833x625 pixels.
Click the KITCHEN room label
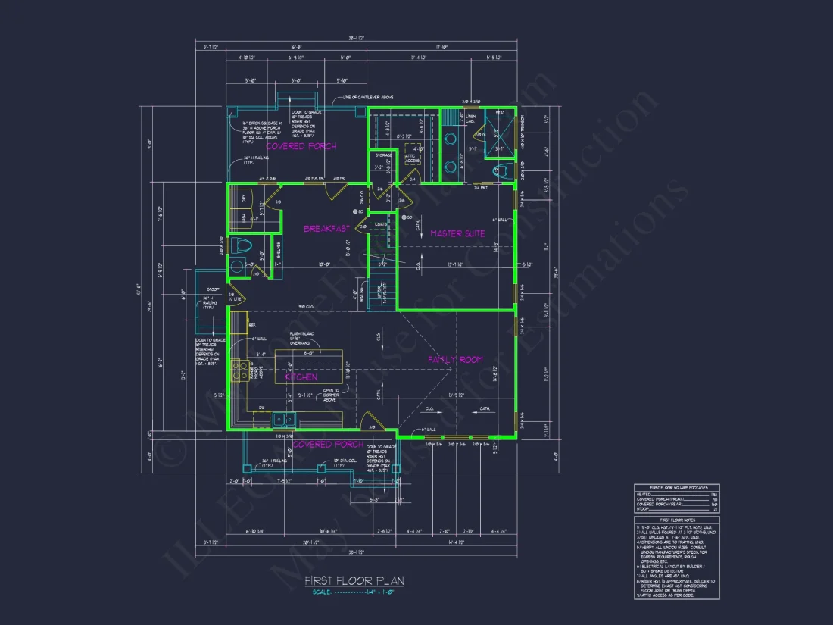pyautogui.click(x=301, y=377)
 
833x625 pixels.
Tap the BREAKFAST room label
pyautogui.click(x=326, y=228)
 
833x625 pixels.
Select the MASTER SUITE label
pyautogui.click(x=457, y=233)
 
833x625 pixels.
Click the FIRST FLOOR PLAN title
pyautogui.click(x=354, y=580)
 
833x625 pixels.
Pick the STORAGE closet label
pyautogui.click(x=383, y=155)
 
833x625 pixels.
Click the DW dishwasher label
pyautogui.click(x=261, y=407)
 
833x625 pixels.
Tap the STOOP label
pyautogui.click(x=213, y=289)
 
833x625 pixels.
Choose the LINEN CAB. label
pyautogui.click(x=470, y=117)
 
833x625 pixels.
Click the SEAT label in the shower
pyautogui.click(x=500, y=113)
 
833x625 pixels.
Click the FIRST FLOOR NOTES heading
pyautogui.click(x=676, y=520)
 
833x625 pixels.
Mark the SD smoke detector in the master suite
pyautogui.click(x=404, y=218)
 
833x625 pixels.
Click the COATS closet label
pyautogui.click(x=380, y=223)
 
